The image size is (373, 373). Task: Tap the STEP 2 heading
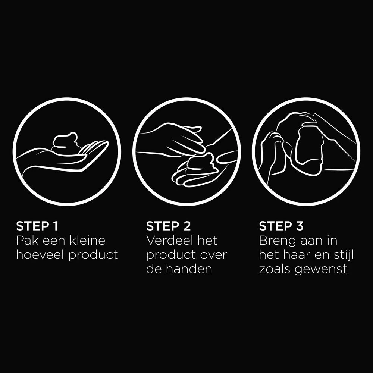[168, 226]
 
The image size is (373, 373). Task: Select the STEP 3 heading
[281, 226]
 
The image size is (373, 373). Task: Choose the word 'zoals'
[275, 269]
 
